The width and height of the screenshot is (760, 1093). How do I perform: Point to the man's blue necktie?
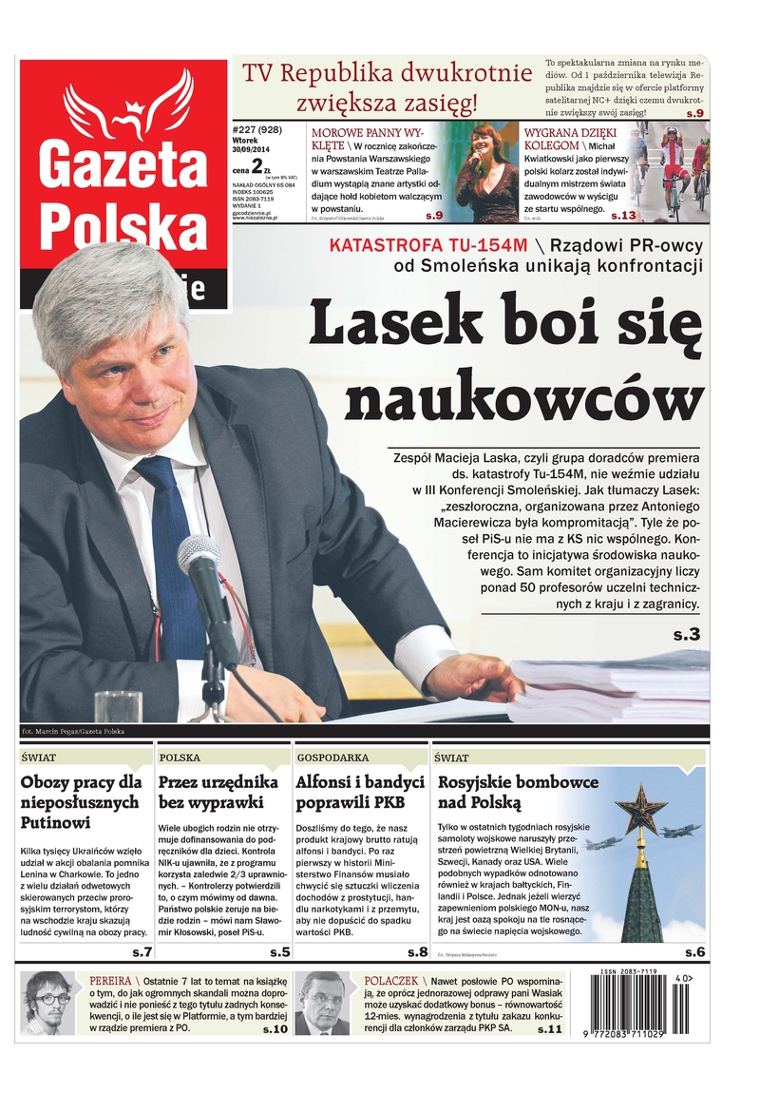coord(171,551)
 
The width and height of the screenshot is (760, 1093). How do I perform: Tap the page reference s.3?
coord(686,634)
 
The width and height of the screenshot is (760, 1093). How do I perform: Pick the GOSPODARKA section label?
coord(332,758)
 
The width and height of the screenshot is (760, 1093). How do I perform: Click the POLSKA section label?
coord(180,758)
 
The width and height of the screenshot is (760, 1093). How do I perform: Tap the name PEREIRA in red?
coord(109,980)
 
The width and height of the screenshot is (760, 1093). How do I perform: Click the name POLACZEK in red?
coord(391,980)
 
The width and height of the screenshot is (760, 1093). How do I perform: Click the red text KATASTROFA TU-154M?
coord(409,244)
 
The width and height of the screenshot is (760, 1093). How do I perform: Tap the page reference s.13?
coord(623,216)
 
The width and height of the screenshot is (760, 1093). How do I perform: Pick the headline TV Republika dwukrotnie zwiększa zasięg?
coord(386,86)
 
